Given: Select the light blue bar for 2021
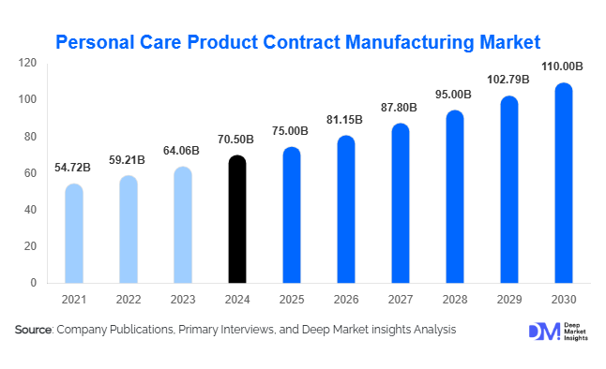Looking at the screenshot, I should pos(74,233).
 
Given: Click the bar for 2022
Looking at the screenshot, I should pos(129,229).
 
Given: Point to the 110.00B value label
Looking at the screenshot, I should pos(563,67).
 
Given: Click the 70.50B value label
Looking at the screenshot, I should pos(238,140).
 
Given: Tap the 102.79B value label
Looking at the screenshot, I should pos(508,81).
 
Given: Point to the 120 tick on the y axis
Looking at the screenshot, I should pos(28,64).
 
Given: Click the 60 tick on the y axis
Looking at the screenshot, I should pos(31,173).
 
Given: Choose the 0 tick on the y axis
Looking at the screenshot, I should pos(34,283).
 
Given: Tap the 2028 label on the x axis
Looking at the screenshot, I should pos(455,300).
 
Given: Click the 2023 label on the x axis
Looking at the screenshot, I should pos(184,300).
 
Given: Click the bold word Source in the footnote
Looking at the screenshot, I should pos(34,330).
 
